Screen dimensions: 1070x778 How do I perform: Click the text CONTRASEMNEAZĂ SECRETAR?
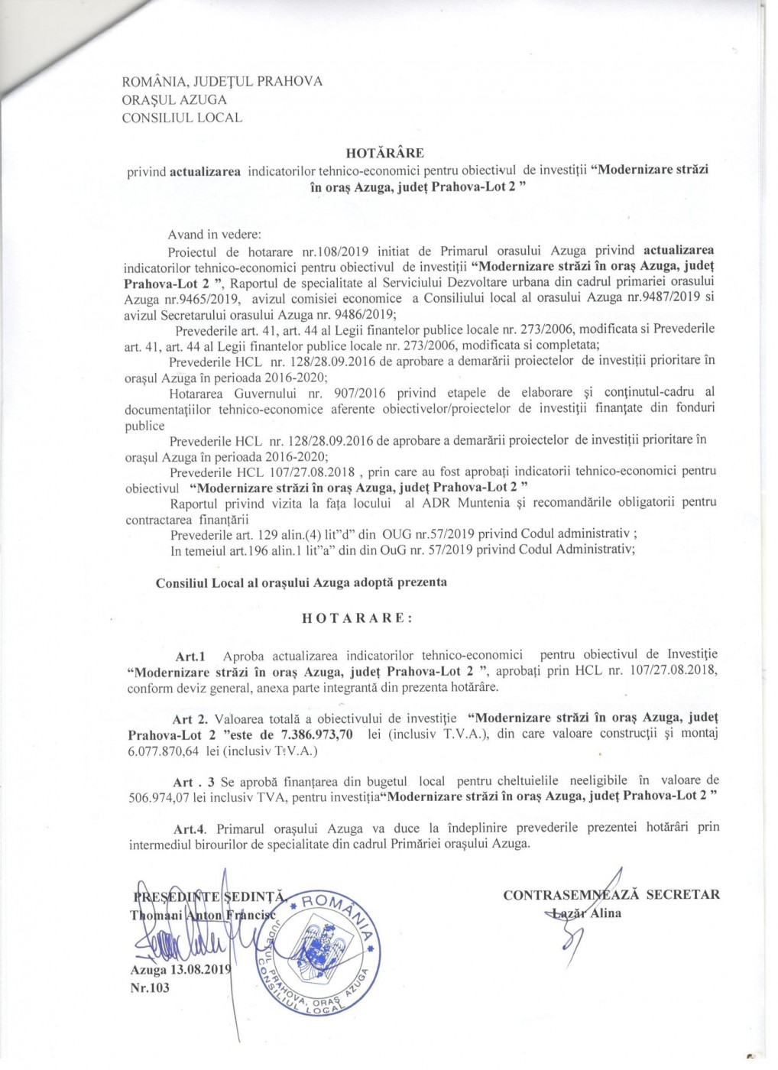pyautogui.click(x=611, y=895)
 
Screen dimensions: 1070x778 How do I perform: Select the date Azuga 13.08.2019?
pyautogui.click(x=180, y=970)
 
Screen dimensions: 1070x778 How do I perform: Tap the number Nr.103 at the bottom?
pyautogui.click(x=150, y=987)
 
